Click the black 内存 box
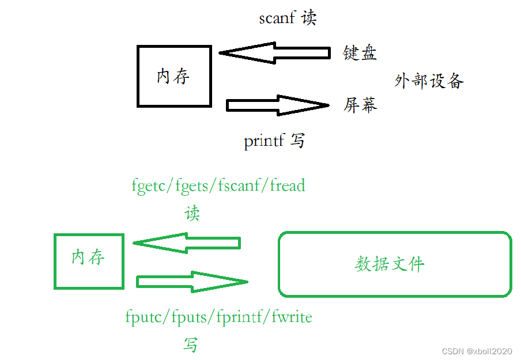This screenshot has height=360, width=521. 174,76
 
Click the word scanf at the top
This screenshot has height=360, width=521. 277,18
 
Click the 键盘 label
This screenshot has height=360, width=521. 360,53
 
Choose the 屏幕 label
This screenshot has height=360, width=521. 360,105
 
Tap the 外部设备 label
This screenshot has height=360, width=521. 429,80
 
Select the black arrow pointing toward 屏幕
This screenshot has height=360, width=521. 277,105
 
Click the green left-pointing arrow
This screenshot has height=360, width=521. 187,242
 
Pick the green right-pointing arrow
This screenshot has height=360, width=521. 192,282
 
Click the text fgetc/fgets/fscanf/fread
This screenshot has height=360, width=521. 218,185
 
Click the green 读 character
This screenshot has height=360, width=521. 192,214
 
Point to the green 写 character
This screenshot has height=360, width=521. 191,344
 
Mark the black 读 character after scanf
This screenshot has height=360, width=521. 309,18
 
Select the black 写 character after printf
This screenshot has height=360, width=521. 297,140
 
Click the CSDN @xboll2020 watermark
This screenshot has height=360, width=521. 477,351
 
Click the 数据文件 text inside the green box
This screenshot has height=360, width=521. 390,264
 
